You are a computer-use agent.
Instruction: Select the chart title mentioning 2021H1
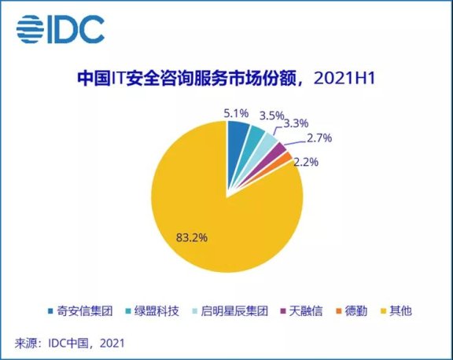click(x=226, y=79)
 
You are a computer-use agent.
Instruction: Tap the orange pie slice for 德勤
click(x=286, y=158)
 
